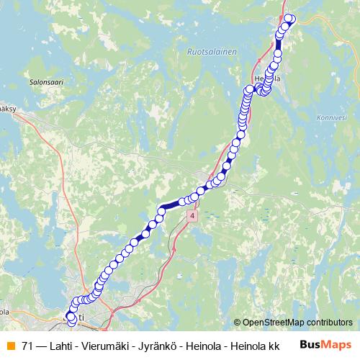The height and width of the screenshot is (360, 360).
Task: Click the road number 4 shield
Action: pos(192,216)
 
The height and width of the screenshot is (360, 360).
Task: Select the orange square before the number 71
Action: pos(10,346)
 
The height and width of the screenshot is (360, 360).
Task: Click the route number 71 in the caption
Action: pos(28,346)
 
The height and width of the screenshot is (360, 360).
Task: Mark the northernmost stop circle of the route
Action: pos(289,18)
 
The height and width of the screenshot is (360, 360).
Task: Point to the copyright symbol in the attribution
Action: pos(238,323)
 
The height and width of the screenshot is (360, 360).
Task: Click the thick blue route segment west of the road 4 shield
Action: pos(171,207)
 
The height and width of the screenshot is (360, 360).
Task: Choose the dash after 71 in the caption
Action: pos(42,346)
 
